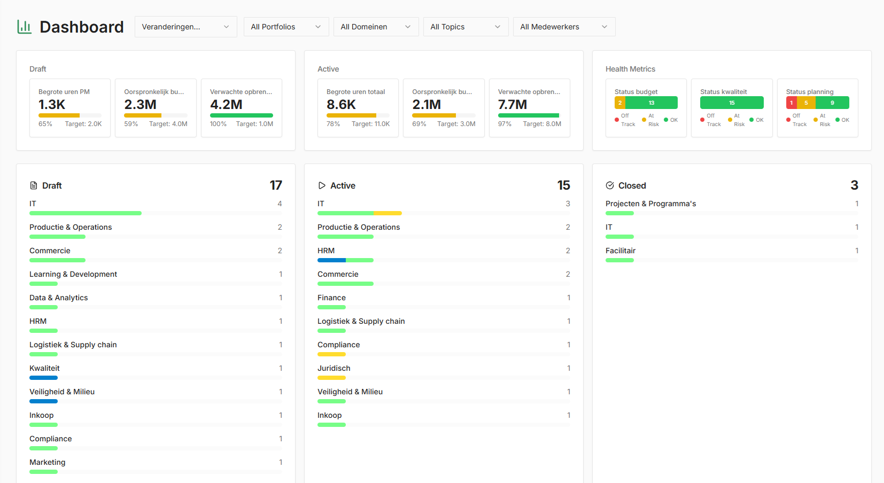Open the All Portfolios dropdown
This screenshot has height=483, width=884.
(286, 27)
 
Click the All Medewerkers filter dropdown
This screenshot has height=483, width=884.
(564, 27)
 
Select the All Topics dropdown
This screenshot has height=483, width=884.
(466, 27)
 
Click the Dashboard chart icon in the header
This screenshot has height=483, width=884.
(25, 27)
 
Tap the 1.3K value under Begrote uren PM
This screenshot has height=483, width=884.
(52, 105)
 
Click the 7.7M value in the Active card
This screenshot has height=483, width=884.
(512, 105)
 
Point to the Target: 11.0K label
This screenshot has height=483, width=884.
(370, 124)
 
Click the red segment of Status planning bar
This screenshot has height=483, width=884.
(791, 103)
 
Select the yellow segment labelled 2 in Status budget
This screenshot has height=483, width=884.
(620, 103)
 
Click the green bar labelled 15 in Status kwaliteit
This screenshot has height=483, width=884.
(732, 103)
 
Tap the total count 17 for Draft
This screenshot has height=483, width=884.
(276, 185)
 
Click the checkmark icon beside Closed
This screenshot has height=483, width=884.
(610, 185)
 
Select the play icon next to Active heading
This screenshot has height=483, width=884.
(322, 185)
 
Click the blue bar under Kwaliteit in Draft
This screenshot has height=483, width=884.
(43, 378)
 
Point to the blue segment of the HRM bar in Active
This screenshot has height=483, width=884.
(331, 260)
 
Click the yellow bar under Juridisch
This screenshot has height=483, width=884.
(331, 378)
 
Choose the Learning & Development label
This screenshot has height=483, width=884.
(73, 274)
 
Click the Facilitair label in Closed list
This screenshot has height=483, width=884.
(621, 251)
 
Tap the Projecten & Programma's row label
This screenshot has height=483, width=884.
(650, 204)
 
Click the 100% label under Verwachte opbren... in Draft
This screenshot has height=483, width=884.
(218, 124)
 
